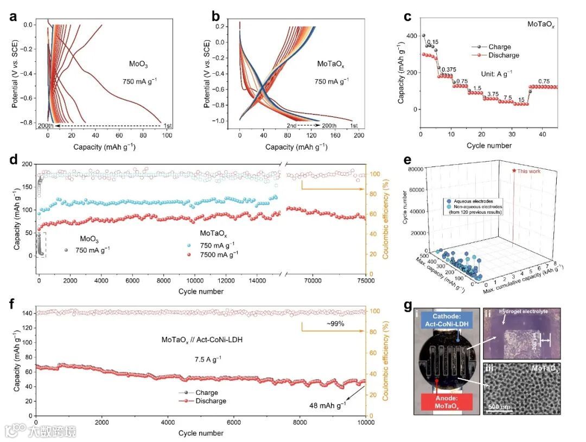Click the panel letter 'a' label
[11, 16]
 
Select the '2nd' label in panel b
[292, 125]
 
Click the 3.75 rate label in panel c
[492, 94]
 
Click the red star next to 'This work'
[513, 170]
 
